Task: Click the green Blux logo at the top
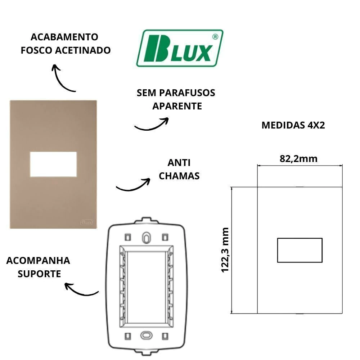point(180,48)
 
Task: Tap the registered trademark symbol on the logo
point(215,37)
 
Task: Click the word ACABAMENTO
point(64,37)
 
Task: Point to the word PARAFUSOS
point(187,93)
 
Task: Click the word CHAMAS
point(179,176)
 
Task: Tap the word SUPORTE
point(39,274)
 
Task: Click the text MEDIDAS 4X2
point(293,125)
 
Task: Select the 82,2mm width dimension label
point(298,159)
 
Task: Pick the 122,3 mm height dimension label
point(225,250)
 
